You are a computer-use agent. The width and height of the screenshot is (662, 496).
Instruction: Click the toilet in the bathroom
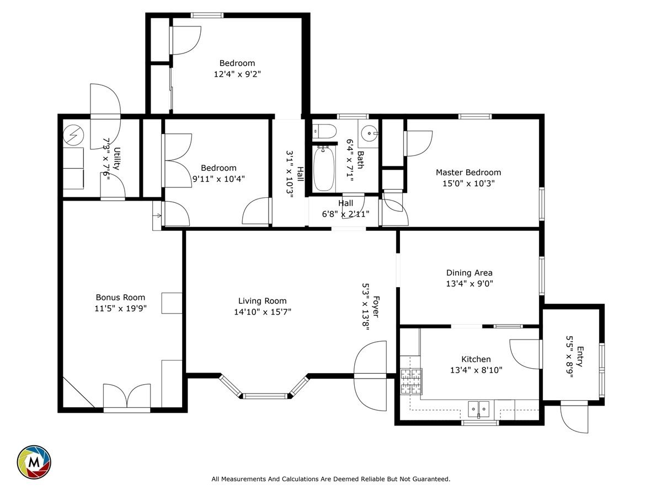(324, 132)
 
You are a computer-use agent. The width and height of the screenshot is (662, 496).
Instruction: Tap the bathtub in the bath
(324, 168)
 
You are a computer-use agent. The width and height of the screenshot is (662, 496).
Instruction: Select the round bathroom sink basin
(369, 133)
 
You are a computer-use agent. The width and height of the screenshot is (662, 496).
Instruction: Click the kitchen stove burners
(411, 381)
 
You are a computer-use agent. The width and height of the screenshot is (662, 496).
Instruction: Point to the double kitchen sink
(478, 409)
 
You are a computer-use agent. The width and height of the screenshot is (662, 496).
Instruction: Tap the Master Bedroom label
(468, 172)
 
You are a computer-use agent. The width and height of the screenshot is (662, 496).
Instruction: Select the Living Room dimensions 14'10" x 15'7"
(263, 312)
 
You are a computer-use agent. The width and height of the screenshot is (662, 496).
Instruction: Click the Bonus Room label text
(120, 297)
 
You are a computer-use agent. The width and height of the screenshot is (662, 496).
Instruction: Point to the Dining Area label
(469, 273)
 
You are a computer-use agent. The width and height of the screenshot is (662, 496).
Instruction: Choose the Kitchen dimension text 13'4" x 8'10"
(476, 370)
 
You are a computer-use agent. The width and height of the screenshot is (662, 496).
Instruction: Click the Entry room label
(580, 356)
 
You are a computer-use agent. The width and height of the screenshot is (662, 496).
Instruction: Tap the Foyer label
(376, 306)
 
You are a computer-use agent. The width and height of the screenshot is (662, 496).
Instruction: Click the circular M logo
(34, 462)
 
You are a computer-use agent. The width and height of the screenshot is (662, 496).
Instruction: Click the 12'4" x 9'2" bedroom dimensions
(237, 74)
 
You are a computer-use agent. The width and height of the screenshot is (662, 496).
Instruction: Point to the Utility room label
(117, 158)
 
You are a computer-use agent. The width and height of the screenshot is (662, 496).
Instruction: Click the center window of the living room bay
(265, 396)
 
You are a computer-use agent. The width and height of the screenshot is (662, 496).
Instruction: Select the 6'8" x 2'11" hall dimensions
(346, 214)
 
